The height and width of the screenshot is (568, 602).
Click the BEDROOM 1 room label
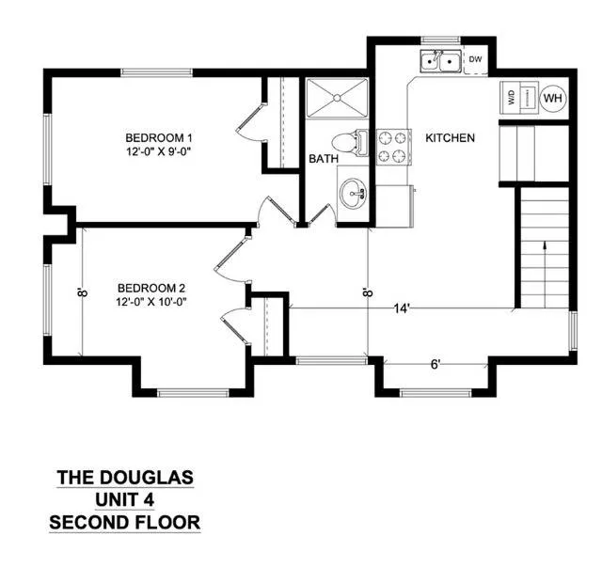(159, 137)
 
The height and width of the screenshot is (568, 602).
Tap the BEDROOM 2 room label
(151, 288)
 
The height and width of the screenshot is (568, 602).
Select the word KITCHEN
(450, 138)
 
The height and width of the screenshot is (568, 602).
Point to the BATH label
(324, 159)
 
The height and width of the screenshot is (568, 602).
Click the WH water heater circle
(553, 98)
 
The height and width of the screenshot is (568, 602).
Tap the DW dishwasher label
(475, 59)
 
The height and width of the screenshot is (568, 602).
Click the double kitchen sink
(440, 60)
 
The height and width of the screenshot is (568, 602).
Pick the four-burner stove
(393, 147)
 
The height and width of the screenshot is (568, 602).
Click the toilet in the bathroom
(349, 143)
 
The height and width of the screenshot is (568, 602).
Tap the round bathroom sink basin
(354, 193)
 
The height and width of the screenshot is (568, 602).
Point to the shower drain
(337, 98)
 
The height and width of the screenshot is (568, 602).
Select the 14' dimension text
(402, 308)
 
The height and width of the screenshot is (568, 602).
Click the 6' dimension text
(435, 364)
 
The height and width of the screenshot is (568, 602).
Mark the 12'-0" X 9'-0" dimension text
(159, 152)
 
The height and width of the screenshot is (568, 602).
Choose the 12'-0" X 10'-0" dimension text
(151, 302)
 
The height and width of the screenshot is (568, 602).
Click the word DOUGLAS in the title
(147, 477)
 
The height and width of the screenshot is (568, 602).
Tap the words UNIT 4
(125, 499)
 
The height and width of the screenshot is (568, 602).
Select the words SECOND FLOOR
(125, 522)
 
